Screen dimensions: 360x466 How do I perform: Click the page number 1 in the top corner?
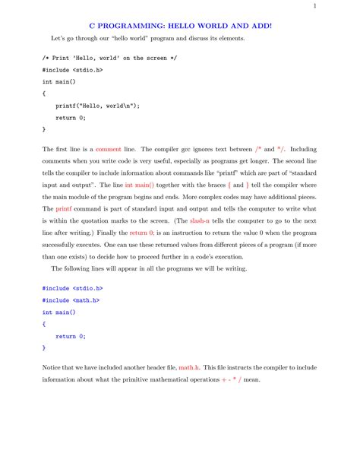pyautogui.click(x=335, y=8)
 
